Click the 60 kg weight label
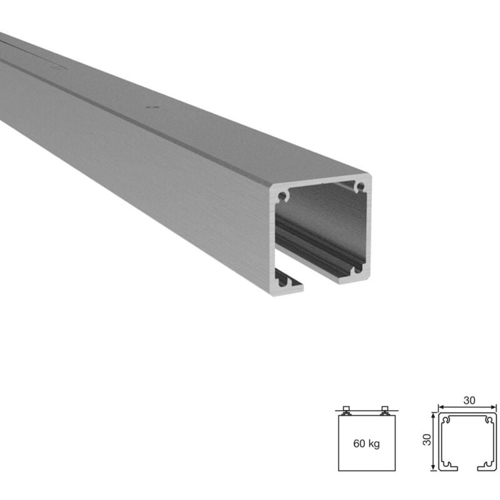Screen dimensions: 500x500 (367, 444)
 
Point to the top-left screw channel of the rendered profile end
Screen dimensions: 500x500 (282, 196)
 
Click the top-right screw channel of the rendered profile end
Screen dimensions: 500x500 (360, 186)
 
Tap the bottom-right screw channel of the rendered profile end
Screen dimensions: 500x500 (357, 269)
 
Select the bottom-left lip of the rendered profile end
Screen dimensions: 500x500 (289, 285)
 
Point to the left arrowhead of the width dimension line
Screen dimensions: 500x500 (439, 405)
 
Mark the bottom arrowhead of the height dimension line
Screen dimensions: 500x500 (433, 468)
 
